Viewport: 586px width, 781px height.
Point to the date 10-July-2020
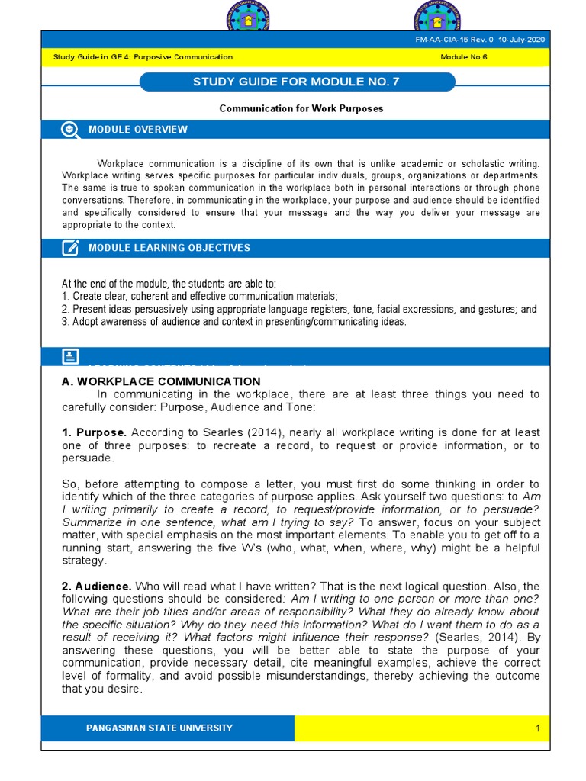[523, 40]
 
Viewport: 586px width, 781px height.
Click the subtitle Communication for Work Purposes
[301, 108]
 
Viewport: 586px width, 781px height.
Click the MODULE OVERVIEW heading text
[137, 130]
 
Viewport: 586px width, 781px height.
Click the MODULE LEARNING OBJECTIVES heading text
[169, 248]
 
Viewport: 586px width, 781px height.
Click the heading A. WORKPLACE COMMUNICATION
[161, 381]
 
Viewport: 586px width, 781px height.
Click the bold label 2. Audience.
[97, 586]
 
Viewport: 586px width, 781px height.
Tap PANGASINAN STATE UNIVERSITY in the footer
[160, 728]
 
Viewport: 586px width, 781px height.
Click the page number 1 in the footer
[537, 728]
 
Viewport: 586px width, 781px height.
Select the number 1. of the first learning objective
[66, 296]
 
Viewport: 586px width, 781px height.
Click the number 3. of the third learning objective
[66, 322]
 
